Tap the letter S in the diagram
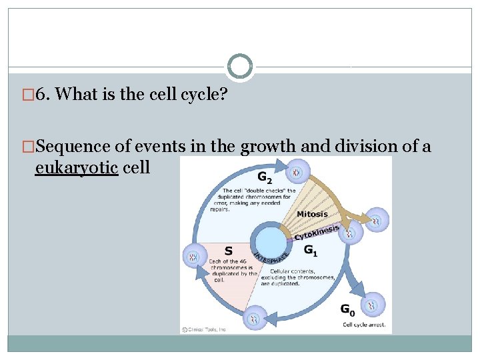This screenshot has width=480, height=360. [228, 251]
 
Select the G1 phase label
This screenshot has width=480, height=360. [311, 250]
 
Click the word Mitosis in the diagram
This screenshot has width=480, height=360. [312, 214]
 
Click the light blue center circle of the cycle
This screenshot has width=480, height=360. [271, 241]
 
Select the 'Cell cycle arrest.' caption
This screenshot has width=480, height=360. [364, 325]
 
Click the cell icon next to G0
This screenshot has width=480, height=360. [375, 305]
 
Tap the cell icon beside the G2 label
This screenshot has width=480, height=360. [296, 174]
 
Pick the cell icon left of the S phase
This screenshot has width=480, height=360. [194, 257]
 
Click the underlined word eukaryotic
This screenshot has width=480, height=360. [77, 167]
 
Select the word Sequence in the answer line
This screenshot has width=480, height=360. [64, 146]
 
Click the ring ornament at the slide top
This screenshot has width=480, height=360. [240, 67]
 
